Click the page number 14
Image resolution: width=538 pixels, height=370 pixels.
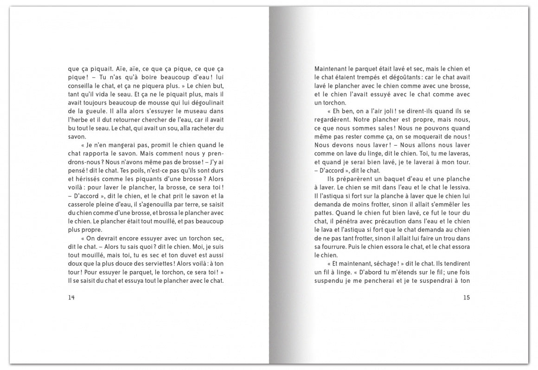point(71,298)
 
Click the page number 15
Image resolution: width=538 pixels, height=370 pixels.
point(467,298)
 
